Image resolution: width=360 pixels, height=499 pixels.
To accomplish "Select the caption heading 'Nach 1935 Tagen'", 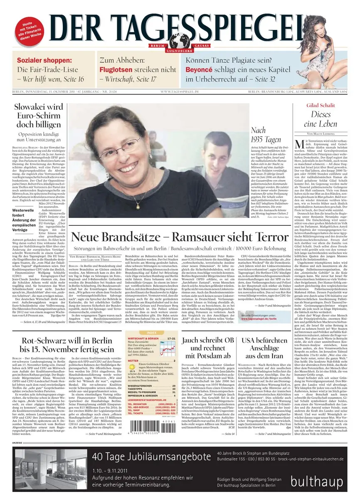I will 260,135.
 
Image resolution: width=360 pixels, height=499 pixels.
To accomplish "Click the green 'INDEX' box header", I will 151,333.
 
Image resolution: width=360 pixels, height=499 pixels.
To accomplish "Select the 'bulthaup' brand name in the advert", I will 317,482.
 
